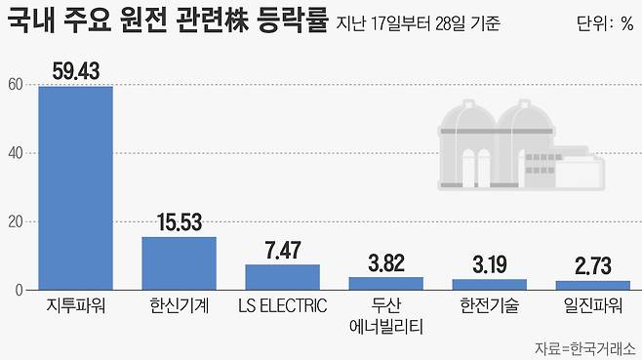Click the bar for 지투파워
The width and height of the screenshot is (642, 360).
(x=75, y=187)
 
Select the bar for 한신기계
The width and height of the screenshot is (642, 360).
(x=179, y=263)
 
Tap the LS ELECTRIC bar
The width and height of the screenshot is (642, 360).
(x=282, y=277)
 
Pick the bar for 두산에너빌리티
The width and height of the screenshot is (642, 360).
(x=385, y=284)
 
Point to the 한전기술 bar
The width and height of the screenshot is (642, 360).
(x=489, y=285)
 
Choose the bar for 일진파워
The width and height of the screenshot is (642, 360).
(x=592, y=286)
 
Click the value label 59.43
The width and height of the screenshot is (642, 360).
(x=75, y=70)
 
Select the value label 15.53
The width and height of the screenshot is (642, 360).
(x=179, y=222)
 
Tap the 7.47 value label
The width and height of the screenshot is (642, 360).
(x=282, y=251)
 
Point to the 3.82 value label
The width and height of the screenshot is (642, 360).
(x=385, y=263)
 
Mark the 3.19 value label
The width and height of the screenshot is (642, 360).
(x=489, y=265)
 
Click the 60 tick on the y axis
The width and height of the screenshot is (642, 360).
(x=15, y=85)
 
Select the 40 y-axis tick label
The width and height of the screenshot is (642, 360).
(x=15, y=153)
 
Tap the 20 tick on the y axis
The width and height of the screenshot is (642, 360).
(x=15, y=221)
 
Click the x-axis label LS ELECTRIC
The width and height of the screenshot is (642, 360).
(x=282, y=305)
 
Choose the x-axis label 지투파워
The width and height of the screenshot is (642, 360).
(x=75, y=305)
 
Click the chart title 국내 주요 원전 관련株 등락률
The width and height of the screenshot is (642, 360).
(x=166, y=21)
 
